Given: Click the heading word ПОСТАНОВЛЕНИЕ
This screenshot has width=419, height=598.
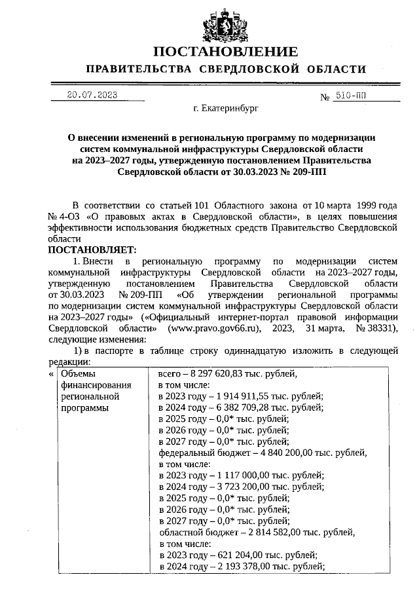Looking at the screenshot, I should [225, 52].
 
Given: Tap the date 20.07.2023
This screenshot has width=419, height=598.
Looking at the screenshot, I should [92, 96].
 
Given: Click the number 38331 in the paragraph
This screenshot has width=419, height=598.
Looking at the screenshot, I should [381, 328].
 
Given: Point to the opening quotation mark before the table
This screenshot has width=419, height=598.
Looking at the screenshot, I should [52, 374].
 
